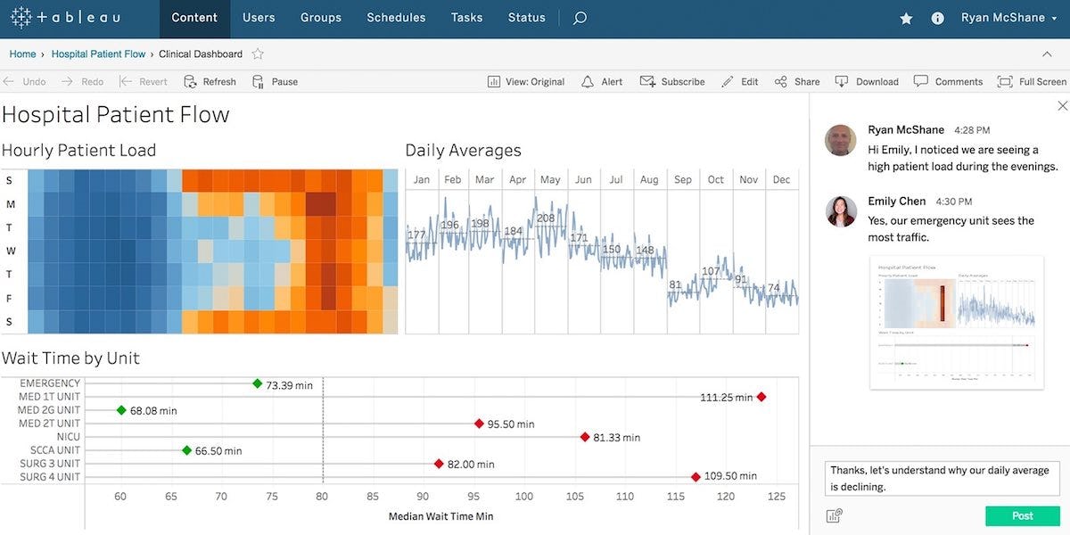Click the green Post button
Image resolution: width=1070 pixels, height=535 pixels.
tap(1022, 515)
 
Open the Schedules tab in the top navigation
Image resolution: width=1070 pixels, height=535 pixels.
tap(396, 18)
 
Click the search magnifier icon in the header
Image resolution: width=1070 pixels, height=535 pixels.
tap(580, 18)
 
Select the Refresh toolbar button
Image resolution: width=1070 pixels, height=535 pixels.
tap(210, 81)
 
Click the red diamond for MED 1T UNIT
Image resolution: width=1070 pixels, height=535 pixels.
tap(761, 397)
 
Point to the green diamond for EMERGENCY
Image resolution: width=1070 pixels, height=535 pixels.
tap(258, 383)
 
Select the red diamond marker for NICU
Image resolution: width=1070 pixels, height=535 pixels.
tap(585, 437)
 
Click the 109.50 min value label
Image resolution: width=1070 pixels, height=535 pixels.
tap(730, 477)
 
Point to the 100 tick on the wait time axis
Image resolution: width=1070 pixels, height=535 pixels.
tap(524, 497)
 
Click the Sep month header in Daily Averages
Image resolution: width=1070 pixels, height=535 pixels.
tap(683, 179)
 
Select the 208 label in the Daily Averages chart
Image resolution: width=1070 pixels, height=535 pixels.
tap(546, 218)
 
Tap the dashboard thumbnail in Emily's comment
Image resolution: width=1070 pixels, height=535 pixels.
tap(956, 322)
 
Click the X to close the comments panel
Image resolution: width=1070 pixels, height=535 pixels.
tap(1062, 106)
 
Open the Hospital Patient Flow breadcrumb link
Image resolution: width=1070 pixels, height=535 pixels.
tap(98, 53)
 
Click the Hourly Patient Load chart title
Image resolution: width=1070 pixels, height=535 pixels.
tap(78, 150)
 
